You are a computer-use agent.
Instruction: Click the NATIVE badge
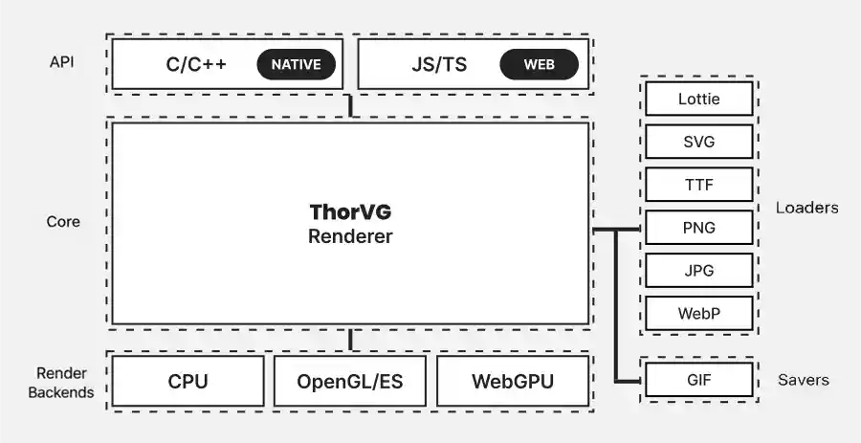(297, 65)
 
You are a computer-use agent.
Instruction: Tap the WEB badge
(539, 65)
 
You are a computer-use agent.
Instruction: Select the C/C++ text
(196, 65)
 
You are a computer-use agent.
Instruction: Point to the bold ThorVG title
(350, 211)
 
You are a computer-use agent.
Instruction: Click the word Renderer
(350, 235)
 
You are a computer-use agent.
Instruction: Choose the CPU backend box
(188, 382)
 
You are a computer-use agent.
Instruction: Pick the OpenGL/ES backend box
(349, 382)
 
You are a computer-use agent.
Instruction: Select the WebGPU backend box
(512, 382)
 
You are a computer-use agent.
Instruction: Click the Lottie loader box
(698, 99)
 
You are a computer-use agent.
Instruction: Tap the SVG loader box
(698, 142)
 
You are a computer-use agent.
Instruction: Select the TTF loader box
(698, 185)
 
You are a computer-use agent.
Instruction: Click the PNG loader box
(698, 228)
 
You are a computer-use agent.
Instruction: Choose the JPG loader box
(698, 271)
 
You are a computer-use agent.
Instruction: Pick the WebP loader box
(698, 314)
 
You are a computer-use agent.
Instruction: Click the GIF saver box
(698, 380)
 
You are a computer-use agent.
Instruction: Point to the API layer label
(62, 63)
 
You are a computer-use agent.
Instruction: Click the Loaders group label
(806, 208)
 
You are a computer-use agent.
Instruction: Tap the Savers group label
(803, 380)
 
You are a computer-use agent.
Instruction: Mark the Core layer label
(63, 222)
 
